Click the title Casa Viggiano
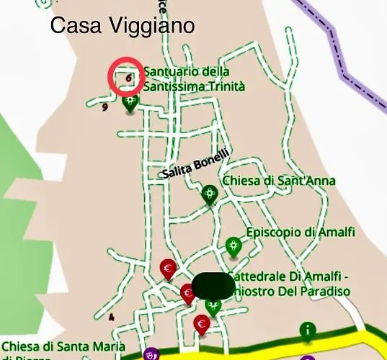tap(123, 27)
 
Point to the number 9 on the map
tap(105, 107)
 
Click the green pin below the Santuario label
tap(130, 103)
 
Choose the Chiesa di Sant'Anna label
tap(279, 180)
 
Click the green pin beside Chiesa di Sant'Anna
tap(210, 194)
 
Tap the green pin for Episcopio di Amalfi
tap(232, 246)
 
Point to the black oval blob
tap(213, 287)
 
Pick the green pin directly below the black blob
tap(213, 307)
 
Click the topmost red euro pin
tap(168, 270)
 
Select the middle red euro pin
tap(188, 294)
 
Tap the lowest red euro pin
tap(202, 325)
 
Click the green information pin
tap(308, 331)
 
